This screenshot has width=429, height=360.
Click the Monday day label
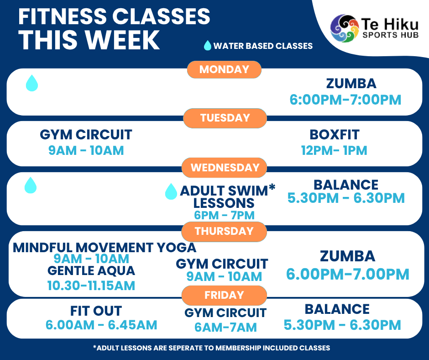point(224,69)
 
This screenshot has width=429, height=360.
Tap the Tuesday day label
point(225,118)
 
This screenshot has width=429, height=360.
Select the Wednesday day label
point(225,168)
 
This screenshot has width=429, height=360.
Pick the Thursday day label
point(224,232)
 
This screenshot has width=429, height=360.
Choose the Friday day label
point(224,295)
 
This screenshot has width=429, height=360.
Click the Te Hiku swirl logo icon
point(345,28)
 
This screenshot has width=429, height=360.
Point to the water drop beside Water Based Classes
point(208,46)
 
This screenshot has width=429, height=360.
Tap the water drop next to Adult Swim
point(171,191)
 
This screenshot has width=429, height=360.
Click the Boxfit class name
point(335,134)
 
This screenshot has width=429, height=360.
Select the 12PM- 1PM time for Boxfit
point(334,150)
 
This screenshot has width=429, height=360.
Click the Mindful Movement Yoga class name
point(105,248)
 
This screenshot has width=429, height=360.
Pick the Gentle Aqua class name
point(91,270)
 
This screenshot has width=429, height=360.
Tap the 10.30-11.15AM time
point(91,286)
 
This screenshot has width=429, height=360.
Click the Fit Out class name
point(96,311)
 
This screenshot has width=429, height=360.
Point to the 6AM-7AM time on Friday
point(226,328)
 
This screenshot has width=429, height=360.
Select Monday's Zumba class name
point(351,84)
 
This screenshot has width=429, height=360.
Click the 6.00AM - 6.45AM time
point(101,325)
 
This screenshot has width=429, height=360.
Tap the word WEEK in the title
point(122,40)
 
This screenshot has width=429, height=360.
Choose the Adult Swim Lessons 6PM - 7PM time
point(225,215)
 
